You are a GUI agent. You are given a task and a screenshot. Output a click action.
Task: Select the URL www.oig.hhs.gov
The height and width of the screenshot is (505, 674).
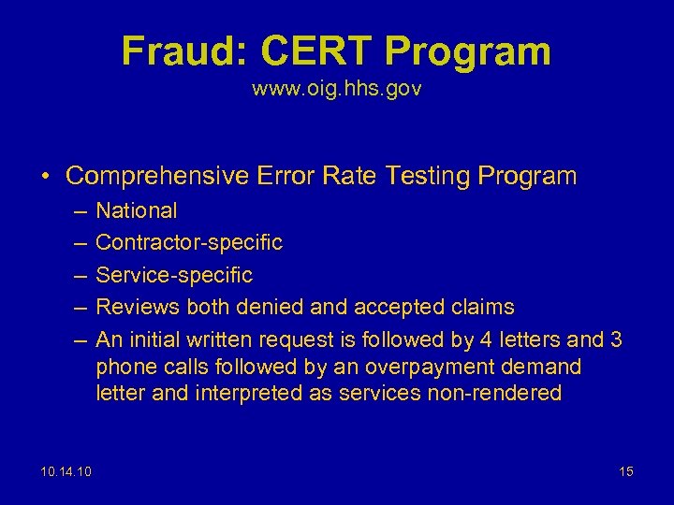pos(336,91)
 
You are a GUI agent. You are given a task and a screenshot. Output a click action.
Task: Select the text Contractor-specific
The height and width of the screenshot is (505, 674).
pos(189,243)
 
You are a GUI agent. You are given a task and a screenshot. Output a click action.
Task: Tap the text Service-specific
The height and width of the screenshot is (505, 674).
pos(174,275)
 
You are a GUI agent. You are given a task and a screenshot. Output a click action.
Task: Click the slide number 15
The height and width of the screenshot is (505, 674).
pos(625,471)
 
